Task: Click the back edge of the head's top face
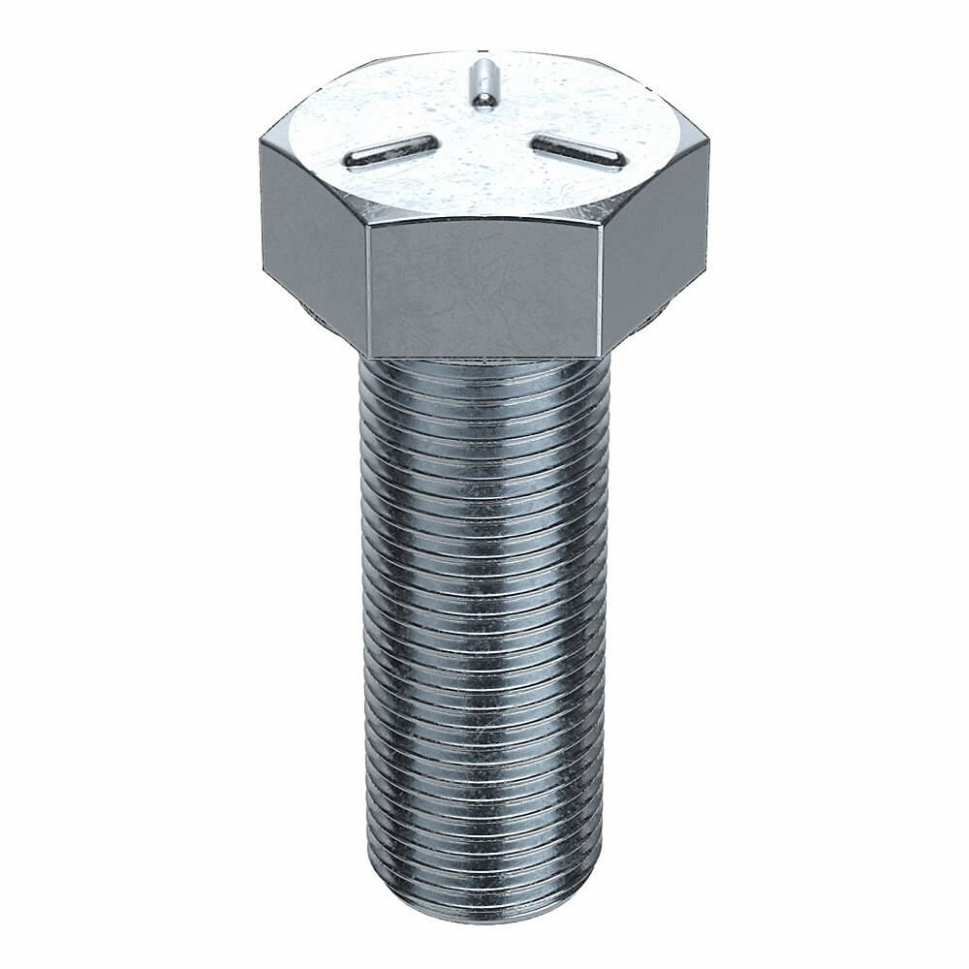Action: [482, 51]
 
